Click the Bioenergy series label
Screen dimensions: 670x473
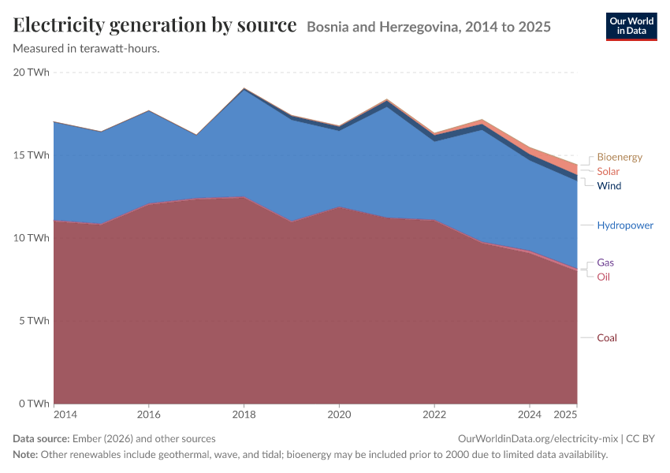(x=619, y=157)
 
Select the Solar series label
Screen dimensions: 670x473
(x=608, y=171)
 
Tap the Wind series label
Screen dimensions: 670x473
(x=609, y=186)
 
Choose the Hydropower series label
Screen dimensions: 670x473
(x=625, y=225)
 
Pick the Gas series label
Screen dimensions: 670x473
(x=605, y=263)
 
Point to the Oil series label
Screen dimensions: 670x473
(x=603, y=277)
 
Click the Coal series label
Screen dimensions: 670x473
(x=607, y=338)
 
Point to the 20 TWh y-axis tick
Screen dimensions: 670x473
(x=32, y=73)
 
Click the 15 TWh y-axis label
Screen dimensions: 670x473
(x=32, y=155)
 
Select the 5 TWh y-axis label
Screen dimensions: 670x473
(x=34, y=321)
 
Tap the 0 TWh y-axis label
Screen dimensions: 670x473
(x=34, y=404)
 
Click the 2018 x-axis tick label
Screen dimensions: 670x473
(x=244, y=415)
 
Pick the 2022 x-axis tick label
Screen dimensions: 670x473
(x=434, y=415)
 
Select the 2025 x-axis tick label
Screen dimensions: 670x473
(x=565, y=415)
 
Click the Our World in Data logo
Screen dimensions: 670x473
(x=631, y=27)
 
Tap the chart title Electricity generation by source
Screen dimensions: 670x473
(x=154, y=24)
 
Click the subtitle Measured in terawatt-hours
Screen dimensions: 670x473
(x=87, y=49)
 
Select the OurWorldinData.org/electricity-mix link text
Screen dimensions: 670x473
(x=538, y=439)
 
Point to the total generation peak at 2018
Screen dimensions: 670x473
(x=244, y=88)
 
